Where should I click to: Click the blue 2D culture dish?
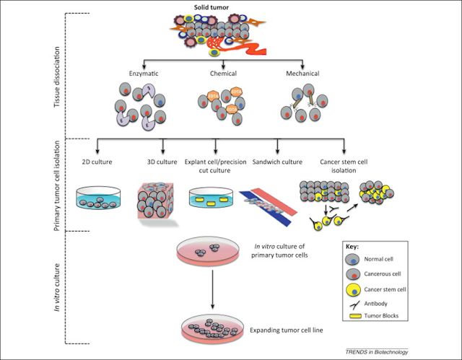(x=99, y=197)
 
